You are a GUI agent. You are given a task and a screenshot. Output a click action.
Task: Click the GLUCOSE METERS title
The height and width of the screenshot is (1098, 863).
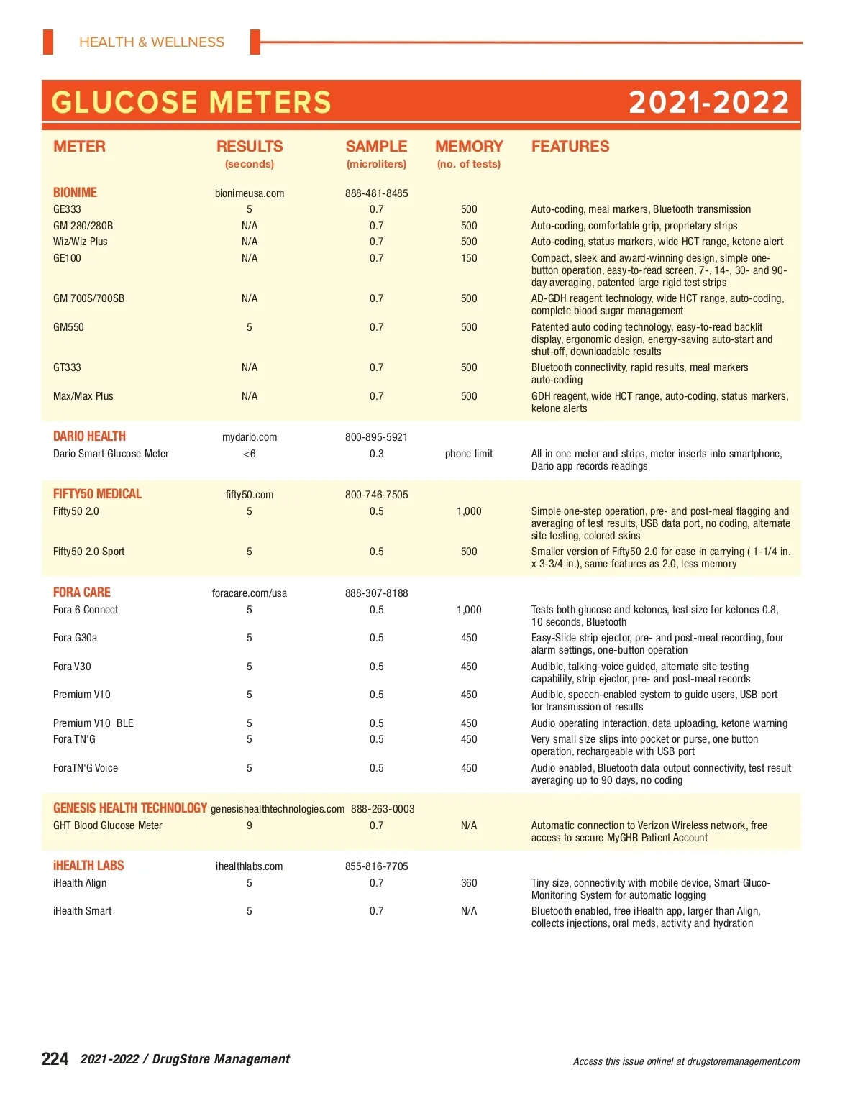coord(191,103)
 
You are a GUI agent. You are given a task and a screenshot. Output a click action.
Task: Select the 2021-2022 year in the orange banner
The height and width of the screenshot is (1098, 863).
coord(708,103)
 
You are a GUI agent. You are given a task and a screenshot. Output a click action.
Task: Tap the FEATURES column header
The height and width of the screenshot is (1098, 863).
coord(570,147)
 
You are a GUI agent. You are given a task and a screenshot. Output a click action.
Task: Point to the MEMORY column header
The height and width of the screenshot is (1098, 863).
coord(469,147)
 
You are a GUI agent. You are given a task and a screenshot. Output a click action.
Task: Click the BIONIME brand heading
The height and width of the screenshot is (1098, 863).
coord(75,193)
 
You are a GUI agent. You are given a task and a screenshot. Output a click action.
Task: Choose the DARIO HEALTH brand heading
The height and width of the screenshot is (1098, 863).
coord(89,436)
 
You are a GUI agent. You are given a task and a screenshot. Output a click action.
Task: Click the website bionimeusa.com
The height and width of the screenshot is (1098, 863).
coord(250,193)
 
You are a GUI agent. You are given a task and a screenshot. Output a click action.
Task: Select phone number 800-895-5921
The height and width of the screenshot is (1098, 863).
coord(376,437)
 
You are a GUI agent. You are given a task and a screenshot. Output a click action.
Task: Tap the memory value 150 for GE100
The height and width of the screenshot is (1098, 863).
coord(469,258)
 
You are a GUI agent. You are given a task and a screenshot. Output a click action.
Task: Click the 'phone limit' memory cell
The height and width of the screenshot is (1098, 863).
coord(469,454)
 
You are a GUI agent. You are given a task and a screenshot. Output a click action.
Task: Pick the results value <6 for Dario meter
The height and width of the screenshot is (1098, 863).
coord(250,454)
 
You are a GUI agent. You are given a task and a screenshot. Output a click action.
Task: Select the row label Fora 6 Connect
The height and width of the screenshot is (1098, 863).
coord(86,610)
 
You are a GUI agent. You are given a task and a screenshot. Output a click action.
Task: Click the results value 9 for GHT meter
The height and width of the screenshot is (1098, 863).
coord(250,825)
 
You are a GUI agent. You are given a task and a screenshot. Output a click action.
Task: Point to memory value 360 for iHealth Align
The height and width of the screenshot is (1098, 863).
coord(469,883)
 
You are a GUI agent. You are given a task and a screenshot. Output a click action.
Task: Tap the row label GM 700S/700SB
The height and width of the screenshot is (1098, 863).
coord(88,298)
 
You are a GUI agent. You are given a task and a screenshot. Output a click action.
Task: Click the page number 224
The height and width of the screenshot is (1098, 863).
coord(55,1058)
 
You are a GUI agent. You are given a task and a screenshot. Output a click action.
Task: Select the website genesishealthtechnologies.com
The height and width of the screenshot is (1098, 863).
coord(278,809)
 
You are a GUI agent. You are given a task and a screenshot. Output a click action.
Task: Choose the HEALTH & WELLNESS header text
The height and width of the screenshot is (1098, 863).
coord(152,42)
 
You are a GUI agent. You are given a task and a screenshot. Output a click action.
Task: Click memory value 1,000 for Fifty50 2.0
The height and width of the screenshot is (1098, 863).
coord(469,511)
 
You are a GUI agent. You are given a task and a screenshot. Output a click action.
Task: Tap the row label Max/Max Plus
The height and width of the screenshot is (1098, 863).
coord(83,396)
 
